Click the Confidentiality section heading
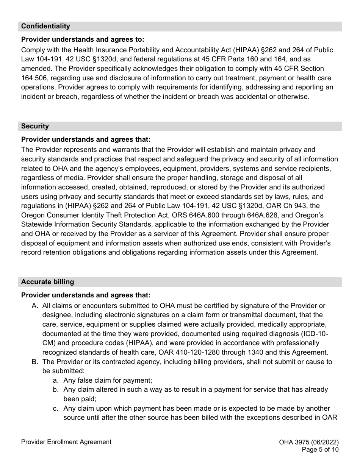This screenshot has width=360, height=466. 45,26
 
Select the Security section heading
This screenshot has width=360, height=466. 35,126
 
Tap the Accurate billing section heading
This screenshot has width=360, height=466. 47,282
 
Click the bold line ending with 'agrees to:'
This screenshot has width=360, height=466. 83,39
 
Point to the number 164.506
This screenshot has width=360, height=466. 34,78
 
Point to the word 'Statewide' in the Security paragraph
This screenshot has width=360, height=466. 36,224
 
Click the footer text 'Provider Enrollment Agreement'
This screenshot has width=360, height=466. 66,442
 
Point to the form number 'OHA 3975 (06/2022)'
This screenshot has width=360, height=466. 308,442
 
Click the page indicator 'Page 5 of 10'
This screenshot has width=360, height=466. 320,450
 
